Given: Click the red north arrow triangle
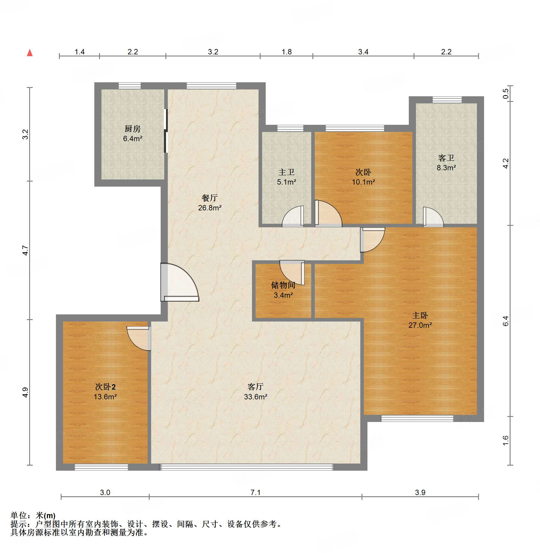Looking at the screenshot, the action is (x=30, y=53).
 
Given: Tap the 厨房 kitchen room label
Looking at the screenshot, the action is (x=132, y=129).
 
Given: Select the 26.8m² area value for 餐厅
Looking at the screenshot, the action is (x=210, y=208).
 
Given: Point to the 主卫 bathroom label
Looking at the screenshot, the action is (x=287, y=172).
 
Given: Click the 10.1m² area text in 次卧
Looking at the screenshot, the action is (x=363, y=182).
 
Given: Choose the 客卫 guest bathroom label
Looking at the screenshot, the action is (x=446, y=158).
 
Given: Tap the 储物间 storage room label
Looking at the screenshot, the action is (x=283, y=285).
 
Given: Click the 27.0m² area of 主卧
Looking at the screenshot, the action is (x=420, y=325).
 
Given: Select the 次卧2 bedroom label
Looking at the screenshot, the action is (x=105, y=387).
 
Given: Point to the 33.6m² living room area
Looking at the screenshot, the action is (x=256, y=397).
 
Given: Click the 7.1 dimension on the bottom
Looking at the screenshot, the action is (x=255, y=492).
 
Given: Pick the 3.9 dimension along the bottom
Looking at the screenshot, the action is (x=420, y=492).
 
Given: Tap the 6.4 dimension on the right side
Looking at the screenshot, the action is (x=506, y=321).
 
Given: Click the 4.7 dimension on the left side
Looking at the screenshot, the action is (x=26, y=250).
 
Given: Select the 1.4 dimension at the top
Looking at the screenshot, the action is (x=79, y=52).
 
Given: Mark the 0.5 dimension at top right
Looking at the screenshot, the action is (x=506, y=94).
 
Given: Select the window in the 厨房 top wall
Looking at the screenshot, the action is (x=130, y=86).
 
